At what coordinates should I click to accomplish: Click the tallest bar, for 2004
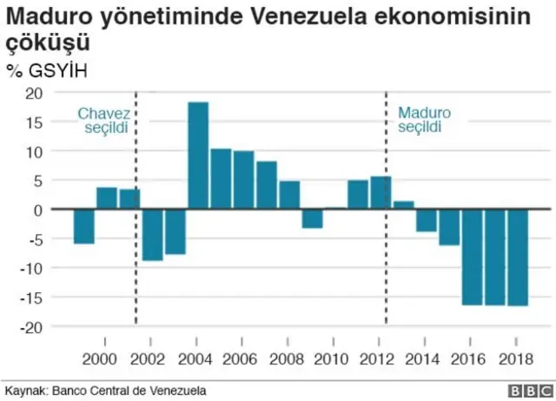pos(198,156)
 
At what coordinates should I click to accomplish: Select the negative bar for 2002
pos(152,235)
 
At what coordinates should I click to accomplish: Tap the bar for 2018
pos(518,257)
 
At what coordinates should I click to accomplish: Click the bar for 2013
pos(403,205)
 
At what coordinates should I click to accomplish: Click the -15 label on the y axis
pos(31,297)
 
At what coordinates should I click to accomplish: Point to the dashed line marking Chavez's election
pos(136,261)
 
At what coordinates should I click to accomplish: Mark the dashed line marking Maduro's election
pos(386,261)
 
